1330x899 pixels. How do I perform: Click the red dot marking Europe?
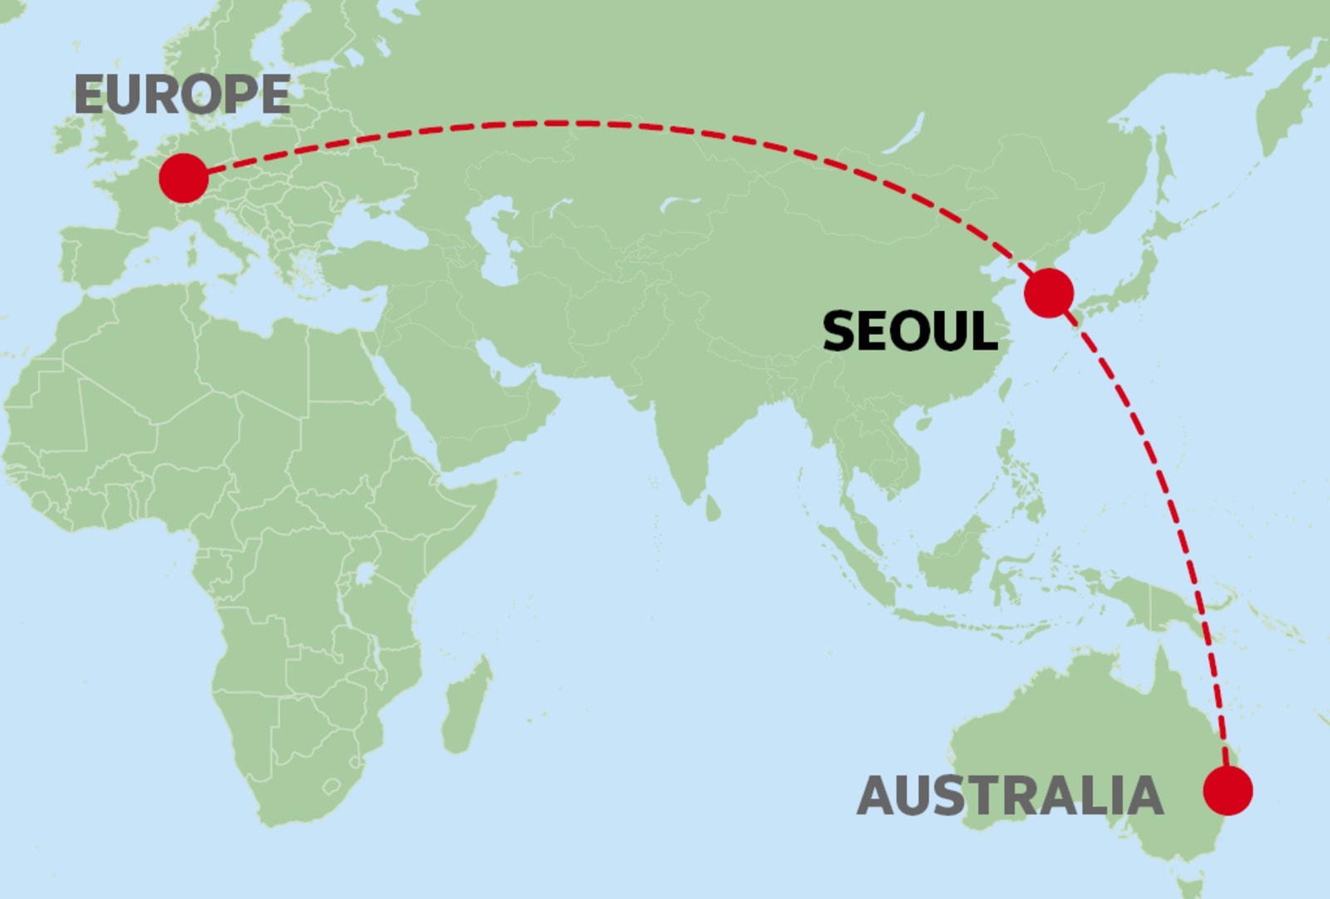coord(183,177)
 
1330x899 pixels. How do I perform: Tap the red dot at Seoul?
coord(1048,293)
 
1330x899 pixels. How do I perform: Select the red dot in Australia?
coord(1228,790)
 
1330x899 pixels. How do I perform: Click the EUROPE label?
coord(182,94)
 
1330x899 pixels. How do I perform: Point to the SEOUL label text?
coord(909,331)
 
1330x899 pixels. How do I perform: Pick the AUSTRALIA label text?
coord(1009,796)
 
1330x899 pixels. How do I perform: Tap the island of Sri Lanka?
coord(712,507)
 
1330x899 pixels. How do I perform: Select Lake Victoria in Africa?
coord(364,573)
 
